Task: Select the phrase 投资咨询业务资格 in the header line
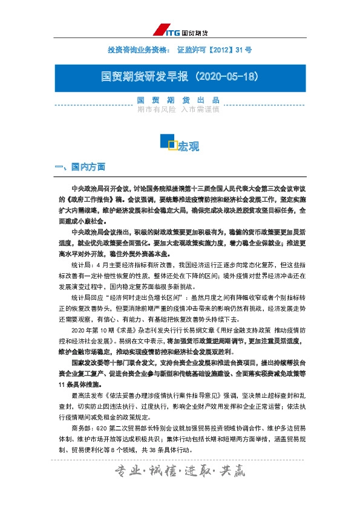(134, 48)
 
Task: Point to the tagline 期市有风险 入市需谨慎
(178, 109)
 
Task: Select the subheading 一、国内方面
(80, 166)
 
